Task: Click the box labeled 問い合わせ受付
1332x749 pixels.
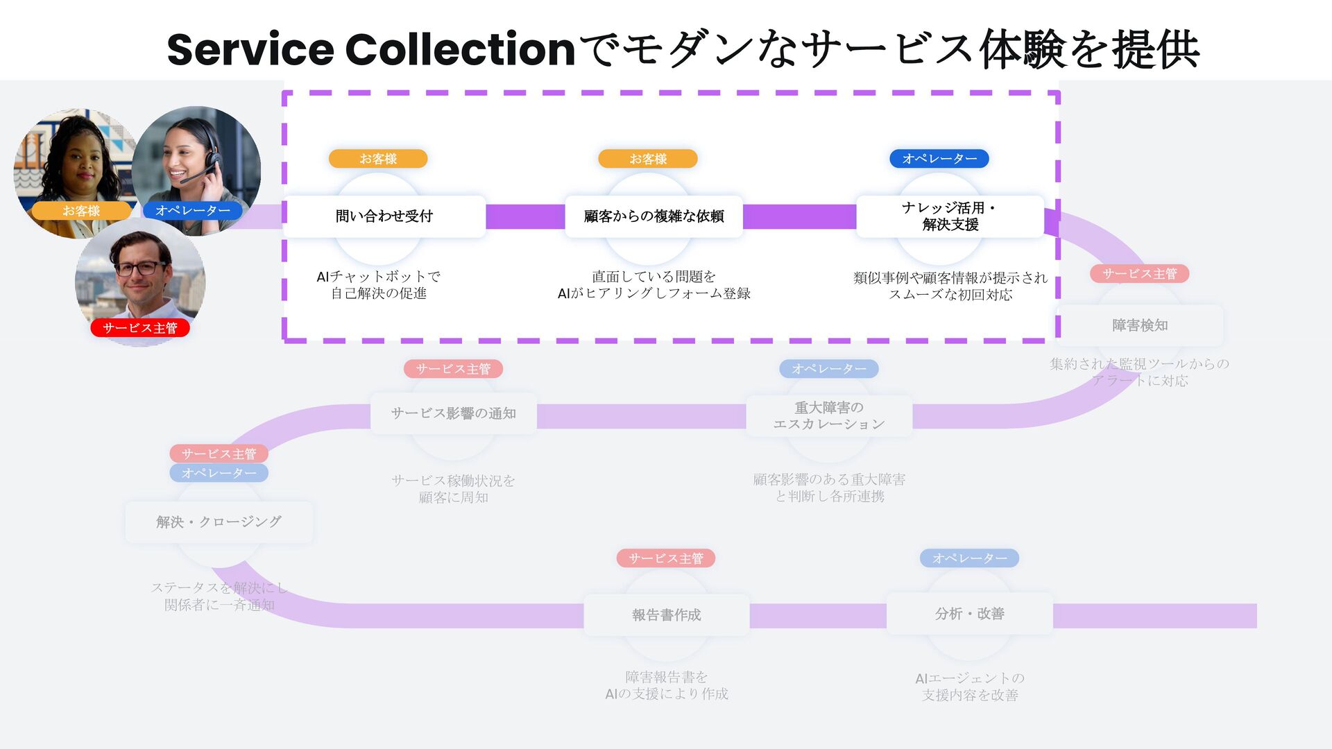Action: click(x=384, y=216)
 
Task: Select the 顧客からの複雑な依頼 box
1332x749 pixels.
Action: click(x=654, y=216)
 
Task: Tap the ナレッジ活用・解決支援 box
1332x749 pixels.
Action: click(x=950, y=216)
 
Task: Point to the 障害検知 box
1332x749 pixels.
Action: click(x=1139, y=325)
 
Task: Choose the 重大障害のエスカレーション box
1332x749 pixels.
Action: click(x=829, y=415)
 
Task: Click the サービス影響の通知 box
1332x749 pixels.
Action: click(x=453, y=413)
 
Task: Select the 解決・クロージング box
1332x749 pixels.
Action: click(x=219, y=522)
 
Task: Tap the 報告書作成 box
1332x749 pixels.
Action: click(x=666, y=614)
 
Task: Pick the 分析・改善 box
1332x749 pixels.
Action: click(x=969, y=614)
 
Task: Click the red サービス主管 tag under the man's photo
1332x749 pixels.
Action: click(x=140, y=328)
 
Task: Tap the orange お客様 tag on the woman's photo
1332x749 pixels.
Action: click(x=81, y=211)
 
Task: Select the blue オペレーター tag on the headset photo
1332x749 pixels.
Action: click(x=193, y=210)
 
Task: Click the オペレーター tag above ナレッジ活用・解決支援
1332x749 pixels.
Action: click(x=939, y=159)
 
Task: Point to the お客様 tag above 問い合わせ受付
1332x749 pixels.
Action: click(x=378, y=159)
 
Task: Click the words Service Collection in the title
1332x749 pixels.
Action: click(x=371, y=50)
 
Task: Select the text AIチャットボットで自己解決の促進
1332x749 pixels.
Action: click(x=378, y=285)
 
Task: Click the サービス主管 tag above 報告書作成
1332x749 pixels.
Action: click(x=666, y=558)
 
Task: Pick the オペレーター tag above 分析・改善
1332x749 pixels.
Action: click(x=969, y=558)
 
